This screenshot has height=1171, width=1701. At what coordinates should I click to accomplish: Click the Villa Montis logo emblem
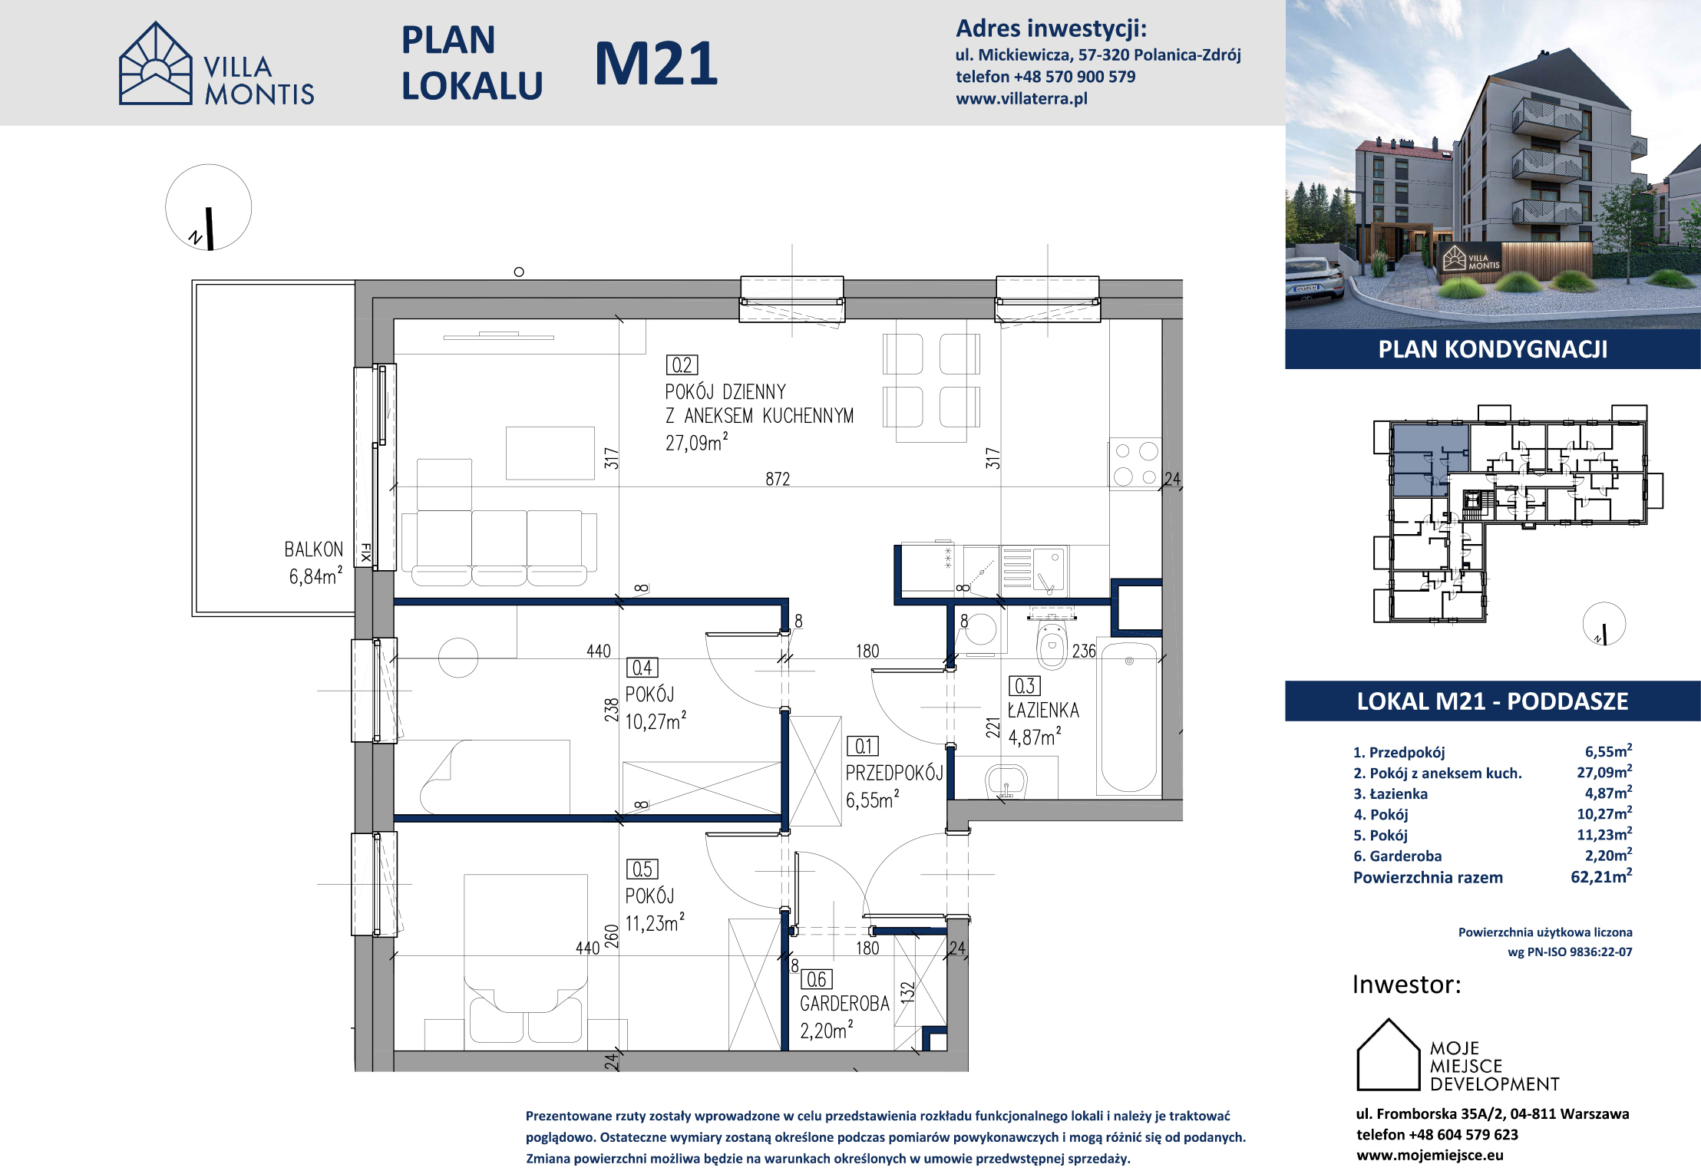[x=156, y=63]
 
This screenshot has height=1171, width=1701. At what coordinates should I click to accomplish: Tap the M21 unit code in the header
[x=656, y=64]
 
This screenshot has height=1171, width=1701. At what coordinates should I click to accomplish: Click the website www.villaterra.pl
[x=1021, y=98]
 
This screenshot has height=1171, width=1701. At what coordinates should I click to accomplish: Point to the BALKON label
[x=313, y=549]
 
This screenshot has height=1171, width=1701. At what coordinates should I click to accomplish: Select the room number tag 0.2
[x=682, y=365]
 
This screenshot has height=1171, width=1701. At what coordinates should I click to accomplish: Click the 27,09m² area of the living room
[x=696, y=442]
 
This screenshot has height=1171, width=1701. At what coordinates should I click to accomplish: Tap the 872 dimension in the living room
[x=778, y=479]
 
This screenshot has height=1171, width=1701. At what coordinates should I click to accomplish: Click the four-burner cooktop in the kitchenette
[x=1135, y=463]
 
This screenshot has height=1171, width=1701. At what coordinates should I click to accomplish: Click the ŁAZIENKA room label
[x=1043, y=711]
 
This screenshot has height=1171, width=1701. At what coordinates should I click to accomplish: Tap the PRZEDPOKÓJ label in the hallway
[x=894, y=773]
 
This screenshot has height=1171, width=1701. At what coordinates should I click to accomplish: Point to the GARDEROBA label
[x=844, y=1004]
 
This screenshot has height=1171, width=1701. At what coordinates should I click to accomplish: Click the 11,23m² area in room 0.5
[x=655, y=922]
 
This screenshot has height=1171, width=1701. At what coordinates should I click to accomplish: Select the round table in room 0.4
[x=458, y=658]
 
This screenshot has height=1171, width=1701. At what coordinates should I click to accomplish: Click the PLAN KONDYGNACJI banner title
[x=1493, y=349]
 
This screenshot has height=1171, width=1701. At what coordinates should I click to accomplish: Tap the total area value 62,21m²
[x=1601, y=876]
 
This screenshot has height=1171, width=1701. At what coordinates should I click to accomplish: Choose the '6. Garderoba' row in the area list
[x=1492, y=856]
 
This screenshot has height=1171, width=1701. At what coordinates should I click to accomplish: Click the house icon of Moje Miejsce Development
[x=1389, y=1054]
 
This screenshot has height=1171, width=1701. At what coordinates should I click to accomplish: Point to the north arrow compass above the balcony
[x=209, y=207]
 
